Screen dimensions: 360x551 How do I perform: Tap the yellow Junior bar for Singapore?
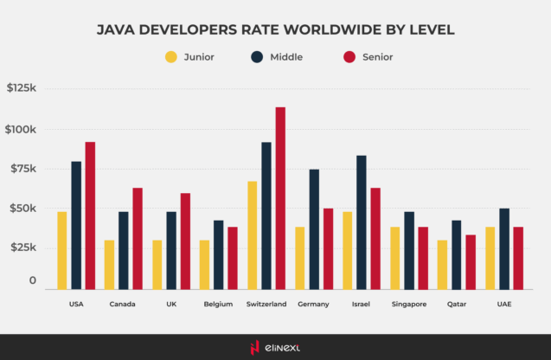point(395,257)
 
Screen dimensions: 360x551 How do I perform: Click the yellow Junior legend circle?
point(170,58)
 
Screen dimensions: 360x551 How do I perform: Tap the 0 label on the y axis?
point(33,281)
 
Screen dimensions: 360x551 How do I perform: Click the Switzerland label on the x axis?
point(266,305)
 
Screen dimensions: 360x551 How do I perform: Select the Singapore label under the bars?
point(408,305)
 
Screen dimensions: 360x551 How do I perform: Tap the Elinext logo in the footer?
point(275,347)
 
